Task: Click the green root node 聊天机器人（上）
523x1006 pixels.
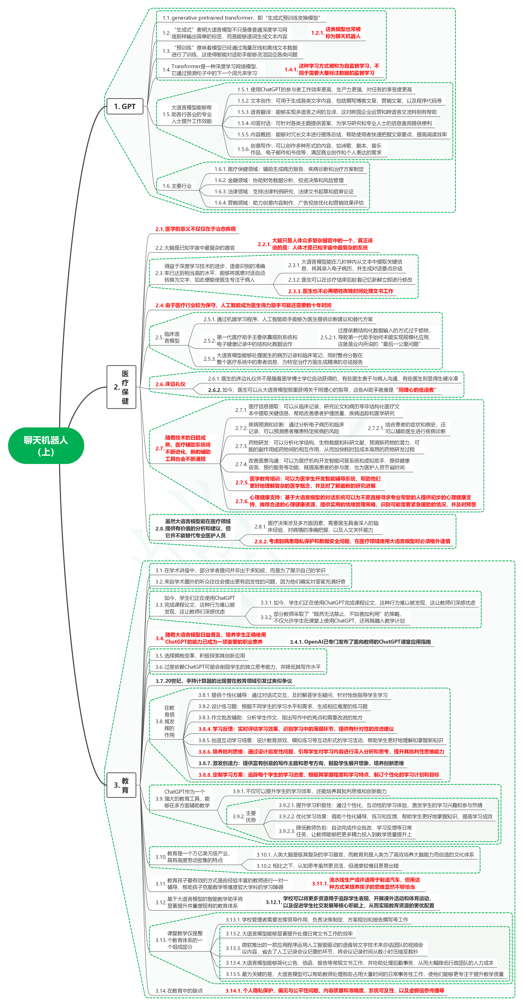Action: (46, 446)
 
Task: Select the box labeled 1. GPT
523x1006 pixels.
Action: (125, 106)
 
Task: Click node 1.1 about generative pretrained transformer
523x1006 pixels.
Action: (241, 18)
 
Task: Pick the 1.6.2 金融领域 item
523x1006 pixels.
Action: (279, 180)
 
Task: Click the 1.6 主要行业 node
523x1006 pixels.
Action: (177, 186)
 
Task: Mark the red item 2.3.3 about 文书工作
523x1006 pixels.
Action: (340, 291)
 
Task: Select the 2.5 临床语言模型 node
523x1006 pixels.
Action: (167, 337)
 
